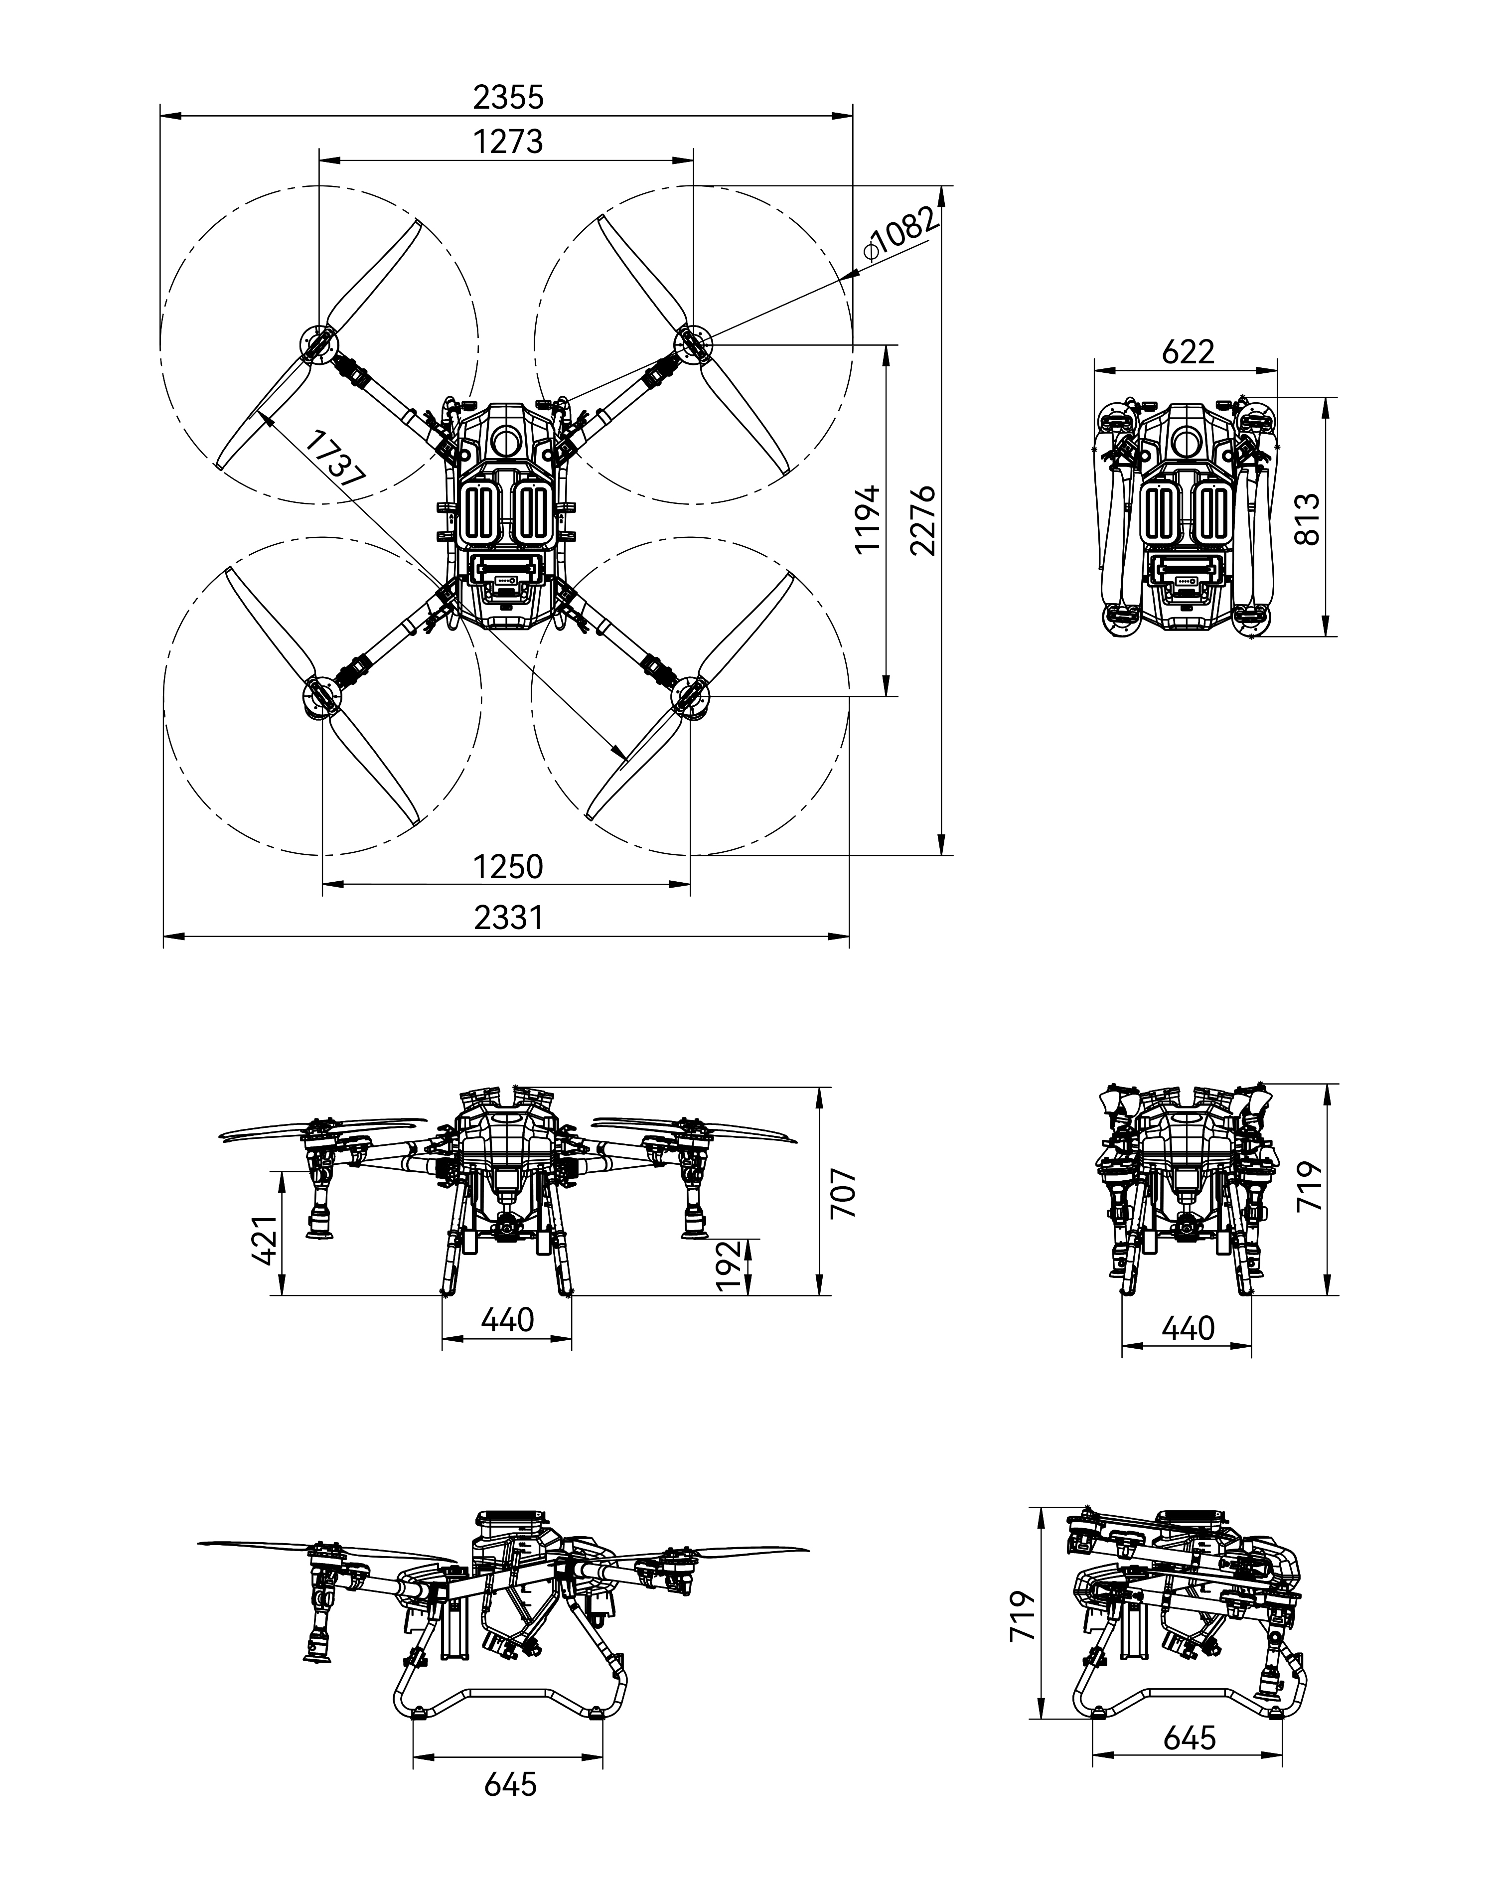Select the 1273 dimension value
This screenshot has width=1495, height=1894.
click(x=508, y=142)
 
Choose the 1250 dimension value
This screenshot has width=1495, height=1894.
click(x=508, y=866)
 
